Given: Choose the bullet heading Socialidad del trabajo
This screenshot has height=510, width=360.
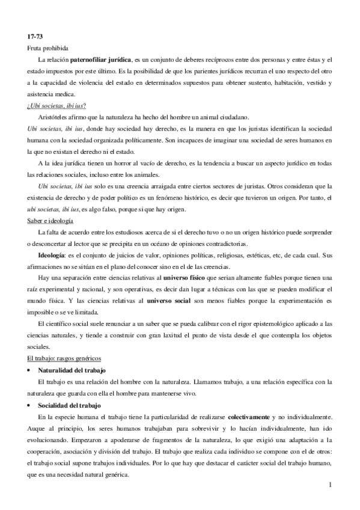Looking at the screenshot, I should [68, 405].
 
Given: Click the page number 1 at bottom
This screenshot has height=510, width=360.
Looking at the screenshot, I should [331, 485].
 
